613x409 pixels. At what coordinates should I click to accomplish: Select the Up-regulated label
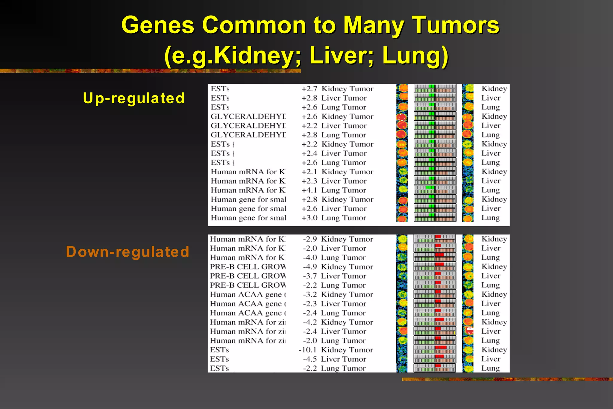[134, 98]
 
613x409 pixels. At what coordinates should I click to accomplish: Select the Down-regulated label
[128, 252]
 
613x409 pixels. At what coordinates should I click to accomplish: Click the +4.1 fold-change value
[309, 190]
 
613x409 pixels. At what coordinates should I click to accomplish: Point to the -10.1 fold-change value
[307, 350]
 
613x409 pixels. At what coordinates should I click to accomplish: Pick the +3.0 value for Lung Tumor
[309, 218]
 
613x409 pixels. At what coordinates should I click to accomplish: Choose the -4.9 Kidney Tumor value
[310, 267]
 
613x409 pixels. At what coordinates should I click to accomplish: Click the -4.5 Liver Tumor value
[310, 359]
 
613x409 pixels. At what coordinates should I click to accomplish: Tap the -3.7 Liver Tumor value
[310, 276]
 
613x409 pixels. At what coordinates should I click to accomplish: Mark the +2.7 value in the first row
[309, 89]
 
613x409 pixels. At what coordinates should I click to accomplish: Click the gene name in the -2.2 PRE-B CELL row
[248, 285]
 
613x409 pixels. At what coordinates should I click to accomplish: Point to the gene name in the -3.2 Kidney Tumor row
[248, 295]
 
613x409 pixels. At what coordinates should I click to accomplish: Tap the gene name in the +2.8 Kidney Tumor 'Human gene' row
[248, 200]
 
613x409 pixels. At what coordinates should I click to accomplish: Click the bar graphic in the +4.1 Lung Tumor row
[435, 190]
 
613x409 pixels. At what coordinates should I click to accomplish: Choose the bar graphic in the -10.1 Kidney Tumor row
[435, 350]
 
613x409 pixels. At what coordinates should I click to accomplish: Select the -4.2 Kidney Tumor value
[310, 322]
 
